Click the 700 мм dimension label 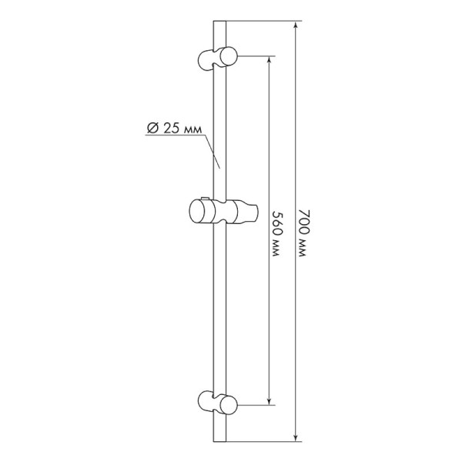point(303,233)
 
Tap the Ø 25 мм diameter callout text point(174,128)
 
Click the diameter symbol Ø point(152,128)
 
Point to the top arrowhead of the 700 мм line point(296,26)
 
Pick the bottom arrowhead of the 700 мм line point(296,437)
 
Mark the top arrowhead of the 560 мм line point(269,61)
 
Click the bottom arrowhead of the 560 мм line point(269,400)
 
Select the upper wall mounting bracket point(217,59)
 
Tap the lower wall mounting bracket point(217,402)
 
